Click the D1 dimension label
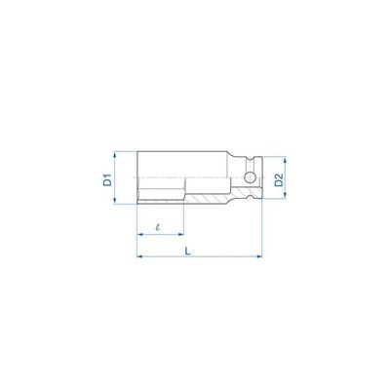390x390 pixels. [107, 179]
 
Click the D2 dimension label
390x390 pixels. [279, 180]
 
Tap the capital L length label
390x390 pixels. [187, 251]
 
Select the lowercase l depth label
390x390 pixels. [158, 227]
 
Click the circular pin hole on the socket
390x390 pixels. [250, 177]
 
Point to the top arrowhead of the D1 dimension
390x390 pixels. [114, 155]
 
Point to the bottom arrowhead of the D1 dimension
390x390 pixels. [114, 200]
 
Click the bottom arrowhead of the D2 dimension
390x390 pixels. [285, 194]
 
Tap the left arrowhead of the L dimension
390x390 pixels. [140, 256]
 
